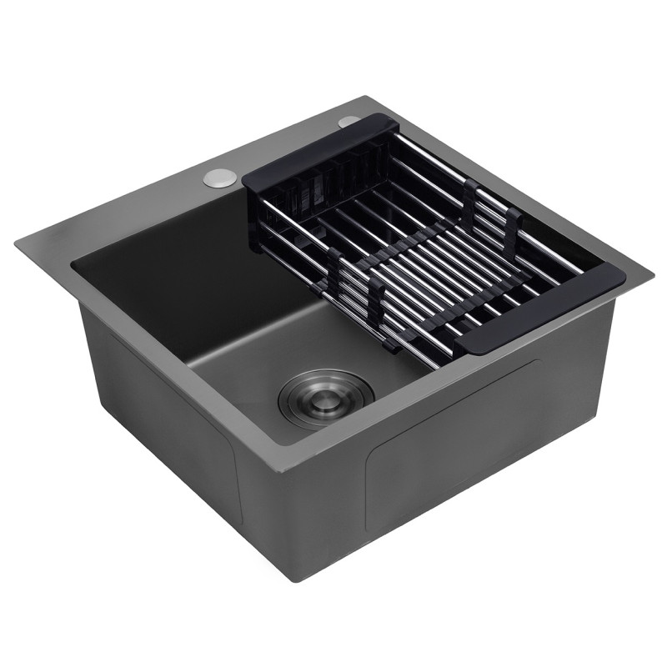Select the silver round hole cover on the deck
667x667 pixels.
coord(219,178)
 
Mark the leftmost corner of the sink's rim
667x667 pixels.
coord(16,243)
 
